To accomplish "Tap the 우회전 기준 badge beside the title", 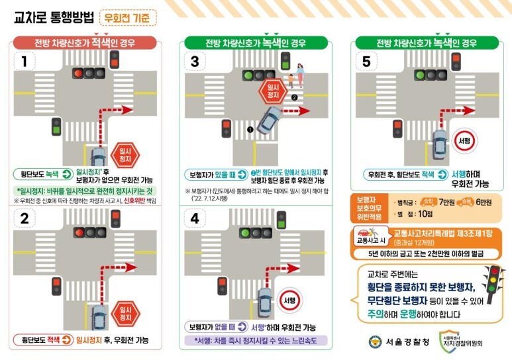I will (128, 17).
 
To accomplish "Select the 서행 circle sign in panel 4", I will (290, 300).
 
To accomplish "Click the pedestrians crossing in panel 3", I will (295, 77).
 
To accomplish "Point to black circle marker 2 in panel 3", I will (294, 97).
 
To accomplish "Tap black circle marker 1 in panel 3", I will (250, 130).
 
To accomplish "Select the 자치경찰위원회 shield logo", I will (448, 341).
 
